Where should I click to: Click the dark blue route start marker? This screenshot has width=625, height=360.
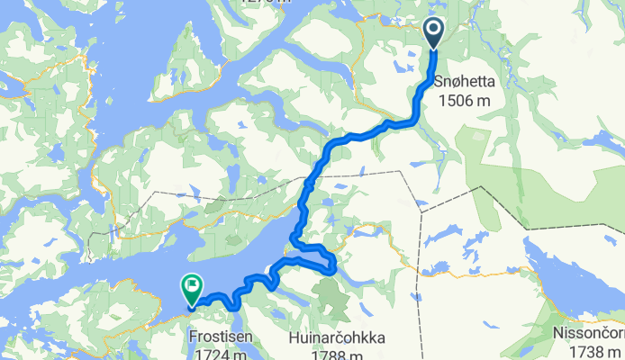click(433, 33)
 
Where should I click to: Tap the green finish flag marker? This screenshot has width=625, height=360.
click(191, 289)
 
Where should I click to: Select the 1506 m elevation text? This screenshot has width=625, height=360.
click(465, 100)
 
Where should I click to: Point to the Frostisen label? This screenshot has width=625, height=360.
click(221, 338)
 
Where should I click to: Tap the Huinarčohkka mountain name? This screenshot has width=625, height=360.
click(338, 338)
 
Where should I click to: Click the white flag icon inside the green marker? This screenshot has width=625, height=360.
click(191, 286)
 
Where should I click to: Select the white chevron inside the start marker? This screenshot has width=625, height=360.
click(433, 31)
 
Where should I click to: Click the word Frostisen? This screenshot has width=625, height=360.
click(221, 338)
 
